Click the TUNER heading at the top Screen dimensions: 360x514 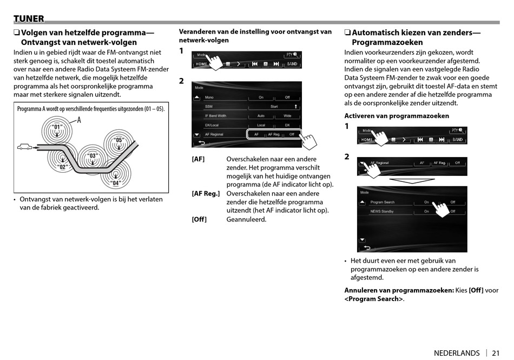pyautogui.click(x=29, y=19)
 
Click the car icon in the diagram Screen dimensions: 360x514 pyautogui.click(x=24, y=146)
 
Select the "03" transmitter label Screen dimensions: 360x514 pyautogui.click(x=93, y=156)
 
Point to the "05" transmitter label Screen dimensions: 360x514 pyautogui.click(x=119, y=140)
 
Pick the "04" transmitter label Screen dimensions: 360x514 pyautogui.click(x=115, y=183)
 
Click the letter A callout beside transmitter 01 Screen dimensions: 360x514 pyautogui.click(x=79, y=120)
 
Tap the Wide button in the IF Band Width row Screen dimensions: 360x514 pyautogui.click(x=287, y=116)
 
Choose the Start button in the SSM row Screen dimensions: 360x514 pyautogui.click(x=274, y=107)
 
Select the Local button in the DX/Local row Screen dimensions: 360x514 pyautogui.click(x=261, y=125)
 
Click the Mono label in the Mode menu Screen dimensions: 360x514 pyautogui.click(x=209, y=97)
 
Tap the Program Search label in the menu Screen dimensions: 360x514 pyautogui.click(x=382, y=202)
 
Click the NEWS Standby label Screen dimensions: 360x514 pyautogui.click(x=382, y=212)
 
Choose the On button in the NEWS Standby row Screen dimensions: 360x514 pyautogui.click(x=426, y=212)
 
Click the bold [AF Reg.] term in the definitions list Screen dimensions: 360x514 pyautogui.click(x=206, y=193)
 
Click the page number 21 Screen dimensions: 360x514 pyautogui.click(x=496, y=353)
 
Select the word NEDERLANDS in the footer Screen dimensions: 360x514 pyautogui.click(x=457, y=353)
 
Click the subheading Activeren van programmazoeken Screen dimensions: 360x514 pyautogui.click(x=397, y=116)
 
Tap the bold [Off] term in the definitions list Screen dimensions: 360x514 pyautogui.click(x=199, y=219)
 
